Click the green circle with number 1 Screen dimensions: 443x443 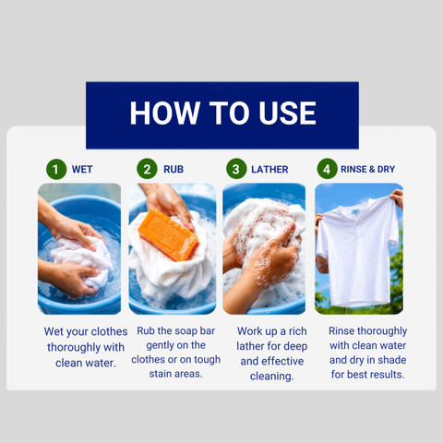coord(56,169)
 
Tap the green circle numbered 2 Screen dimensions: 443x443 coord(147,169)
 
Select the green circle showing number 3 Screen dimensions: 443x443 coord(236,169)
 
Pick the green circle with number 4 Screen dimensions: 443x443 coord(327,169)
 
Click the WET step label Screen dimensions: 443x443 coord(82,170)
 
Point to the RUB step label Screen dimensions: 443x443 coord(174,169)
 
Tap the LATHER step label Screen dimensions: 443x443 coord(269,169)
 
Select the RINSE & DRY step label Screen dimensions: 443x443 coord(367,169)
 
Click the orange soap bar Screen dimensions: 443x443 coord(168,234)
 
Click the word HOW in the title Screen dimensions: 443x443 coord(164,113)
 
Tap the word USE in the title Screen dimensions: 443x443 coord(287,113)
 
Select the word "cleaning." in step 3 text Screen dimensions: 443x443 coord(272,376)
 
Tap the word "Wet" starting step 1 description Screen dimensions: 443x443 coord(54,331)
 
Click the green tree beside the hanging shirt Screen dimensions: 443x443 coord(396,277)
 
